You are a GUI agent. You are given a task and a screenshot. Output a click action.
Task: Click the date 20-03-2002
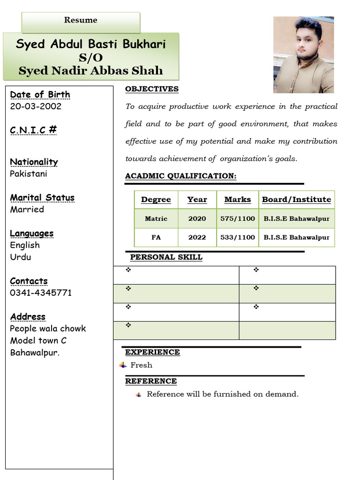tap(36, 106)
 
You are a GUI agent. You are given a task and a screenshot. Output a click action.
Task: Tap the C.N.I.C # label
tap(33, 130)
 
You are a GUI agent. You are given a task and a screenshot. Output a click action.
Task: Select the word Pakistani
tap(29, 174)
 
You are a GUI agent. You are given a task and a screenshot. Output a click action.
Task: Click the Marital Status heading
tap(42, 198)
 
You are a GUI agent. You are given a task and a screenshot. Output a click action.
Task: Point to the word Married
tap(27, 210)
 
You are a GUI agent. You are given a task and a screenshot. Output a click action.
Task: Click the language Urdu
tap(21, 257)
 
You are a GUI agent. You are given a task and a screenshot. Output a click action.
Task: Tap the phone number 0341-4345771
tap(41, 293)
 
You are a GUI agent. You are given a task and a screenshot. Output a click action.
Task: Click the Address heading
tap(28, 317)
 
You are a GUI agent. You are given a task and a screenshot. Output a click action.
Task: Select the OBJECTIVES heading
tap(151, 89)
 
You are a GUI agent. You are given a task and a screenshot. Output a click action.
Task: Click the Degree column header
tap(156, 200)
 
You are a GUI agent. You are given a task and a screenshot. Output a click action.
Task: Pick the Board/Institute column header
tap(296, 200)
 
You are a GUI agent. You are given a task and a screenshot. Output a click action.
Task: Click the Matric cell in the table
tap(156, 219)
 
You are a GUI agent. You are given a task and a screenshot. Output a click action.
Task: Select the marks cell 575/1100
tap(237, 219)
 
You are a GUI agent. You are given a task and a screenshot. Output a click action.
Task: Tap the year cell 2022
tap(197, 238)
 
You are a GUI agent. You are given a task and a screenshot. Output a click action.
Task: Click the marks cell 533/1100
tap(237, 238)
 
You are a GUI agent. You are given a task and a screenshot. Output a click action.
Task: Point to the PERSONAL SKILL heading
tap(166, 257)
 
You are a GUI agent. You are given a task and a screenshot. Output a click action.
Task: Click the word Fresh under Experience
tap(141, 365)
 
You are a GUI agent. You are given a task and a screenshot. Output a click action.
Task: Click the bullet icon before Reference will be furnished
tap(138, 395)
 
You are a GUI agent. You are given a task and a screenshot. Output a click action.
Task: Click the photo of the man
tap(304, 55)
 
